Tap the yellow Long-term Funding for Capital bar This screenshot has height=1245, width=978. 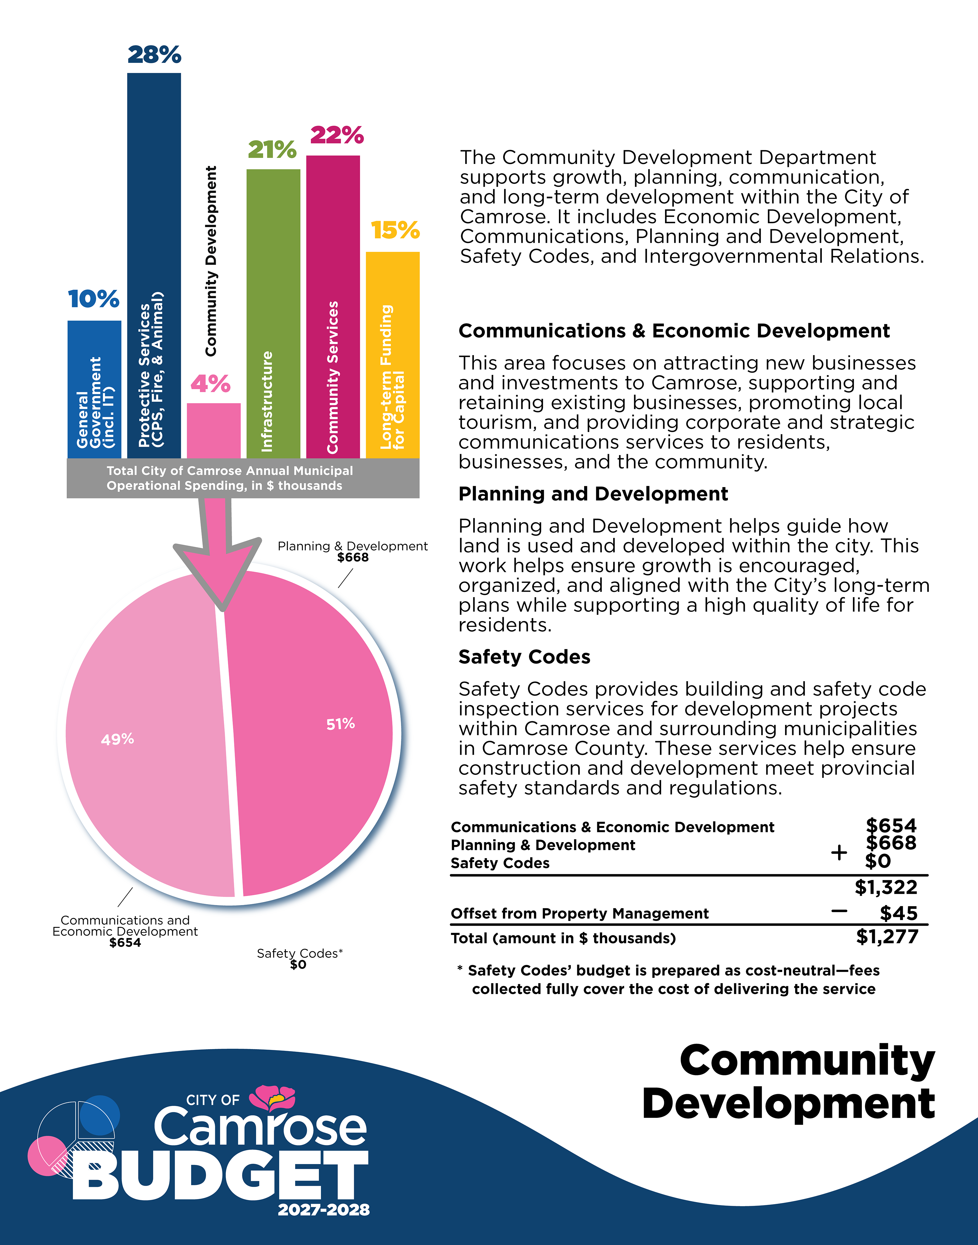[x=393, y=355]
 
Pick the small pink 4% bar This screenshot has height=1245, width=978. [x=214, y=431]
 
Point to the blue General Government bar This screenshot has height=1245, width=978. [x=95, y=390]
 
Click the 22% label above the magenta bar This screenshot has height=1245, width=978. [x=337, y=135]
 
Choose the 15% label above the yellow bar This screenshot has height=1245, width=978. [x=395, y=230]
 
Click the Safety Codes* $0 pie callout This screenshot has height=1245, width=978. [x=299, y=959]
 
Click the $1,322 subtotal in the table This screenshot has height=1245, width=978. [x=886, y=887]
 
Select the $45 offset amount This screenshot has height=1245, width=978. [x=898, y=913]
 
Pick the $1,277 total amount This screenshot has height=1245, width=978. [x=887, y=937]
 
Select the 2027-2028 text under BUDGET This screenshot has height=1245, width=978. [x=324, y=1210]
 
